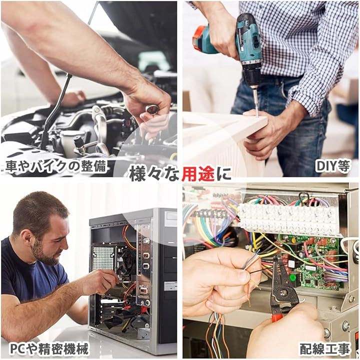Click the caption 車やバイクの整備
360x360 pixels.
(56, 166)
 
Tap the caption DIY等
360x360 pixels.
(333, 166)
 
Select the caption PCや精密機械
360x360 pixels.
(49, 349)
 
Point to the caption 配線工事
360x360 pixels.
(325, 349)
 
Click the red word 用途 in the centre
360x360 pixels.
(198, 174)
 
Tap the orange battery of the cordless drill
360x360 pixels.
(200, 39)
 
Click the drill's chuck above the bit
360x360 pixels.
(252, 77)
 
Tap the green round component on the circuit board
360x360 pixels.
(292, 278)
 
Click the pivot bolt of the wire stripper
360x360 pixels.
(283, 292)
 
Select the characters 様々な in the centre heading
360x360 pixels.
(154, 174)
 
